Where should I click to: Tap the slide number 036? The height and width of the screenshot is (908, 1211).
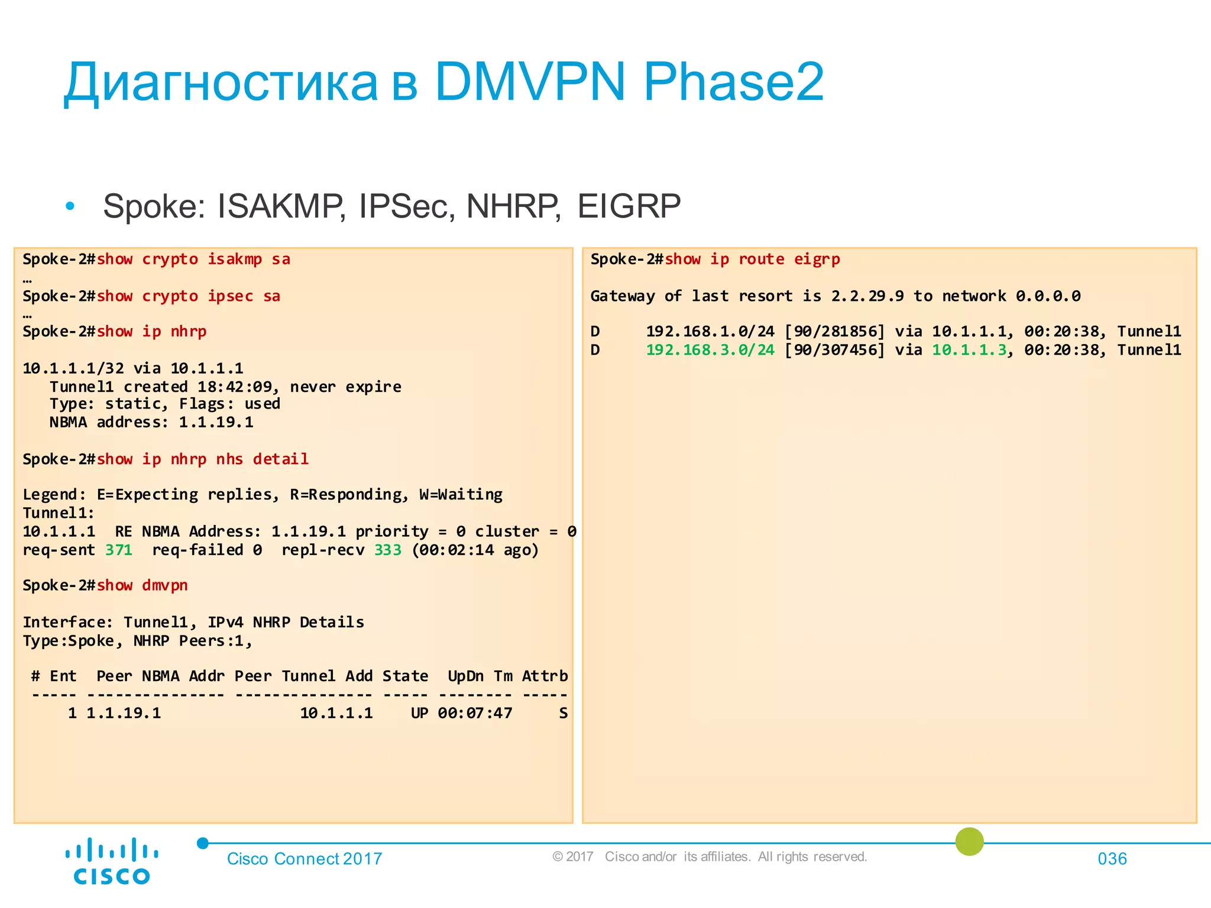1112,858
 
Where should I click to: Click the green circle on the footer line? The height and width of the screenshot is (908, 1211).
969,842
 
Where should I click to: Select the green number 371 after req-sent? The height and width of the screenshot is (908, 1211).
119,550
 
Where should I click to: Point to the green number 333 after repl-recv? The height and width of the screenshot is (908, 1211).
387,550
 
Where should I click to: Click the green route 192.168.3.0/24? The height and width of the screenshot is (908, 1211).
710,350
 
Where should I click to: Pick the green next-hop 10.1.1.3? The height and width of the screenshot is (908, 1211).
969,350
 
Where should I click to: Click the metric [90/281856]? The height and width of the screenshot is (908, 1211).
834,332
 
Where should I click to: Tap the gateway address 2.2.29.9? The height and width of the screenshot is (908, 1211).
867,296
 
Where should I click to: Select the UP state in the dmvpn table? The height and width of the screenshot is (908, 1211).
419,714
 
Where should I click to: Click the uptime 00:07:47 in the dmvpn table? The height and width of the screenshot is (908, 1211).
475,714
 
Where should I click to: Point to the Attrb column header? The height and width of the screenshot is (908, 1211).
545,676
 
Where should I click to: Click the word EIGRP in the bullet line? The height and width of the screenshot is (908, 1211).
629,206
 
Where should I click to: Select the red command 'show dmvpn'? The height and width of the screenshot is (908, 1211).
142,585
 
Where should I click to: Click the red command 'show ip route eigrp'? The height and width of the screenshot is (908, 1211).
752,260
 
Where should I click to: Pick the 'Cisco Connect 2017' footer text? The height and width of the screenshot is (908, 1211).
305,858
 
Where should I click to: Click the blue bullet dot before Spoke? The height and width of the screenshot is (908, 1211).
70,206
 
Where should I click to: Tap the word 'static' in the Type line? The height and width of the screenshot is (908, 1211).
132,404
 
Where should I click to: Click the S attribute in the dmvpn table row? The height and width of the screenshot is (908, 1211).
563,714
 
